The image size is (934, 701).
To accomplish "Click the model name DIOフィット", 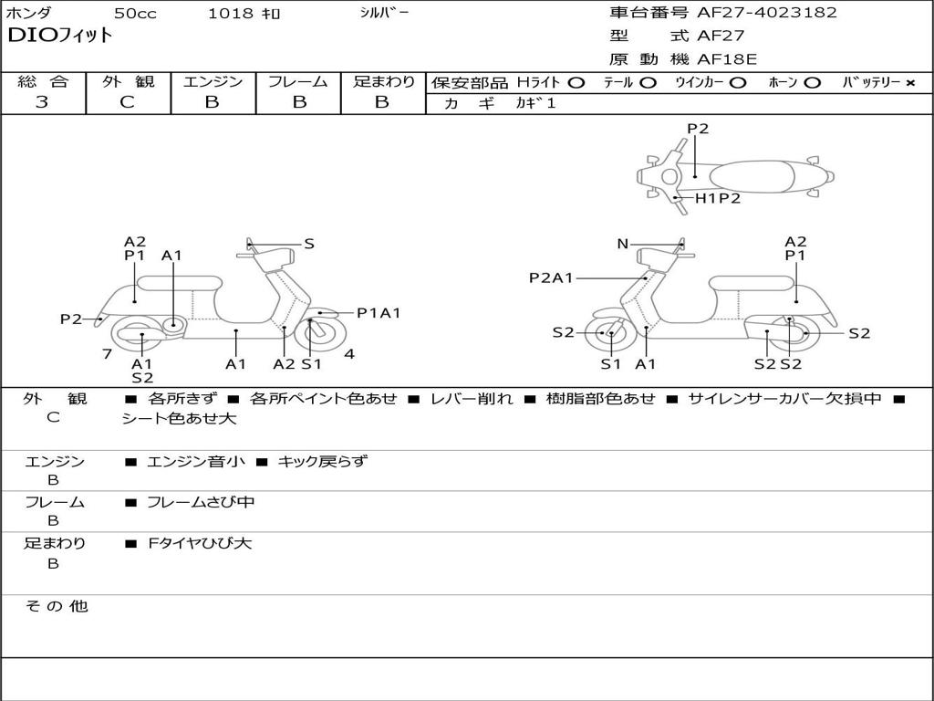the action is tap(60, 36).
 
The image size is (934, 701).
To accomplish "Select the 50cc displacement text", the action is tap(134, 14).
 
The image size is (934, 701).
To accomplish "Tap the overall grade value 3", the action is tap(42, 102).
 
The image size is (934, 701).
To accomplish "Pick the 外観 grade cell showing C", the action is tap(128, 102).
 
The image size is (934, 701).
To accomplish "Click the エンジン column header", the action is tap(213, 82).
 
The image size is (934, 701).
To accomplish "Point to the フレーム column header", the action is tap(298, 82).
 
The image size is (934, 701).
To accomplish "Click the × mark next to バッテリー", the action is tap(910, 83).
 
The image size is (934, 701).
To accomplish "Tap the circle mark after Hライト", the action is tap(576, 83).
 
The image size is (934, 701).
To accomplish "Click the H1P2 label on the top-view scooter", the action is tap(718, 198).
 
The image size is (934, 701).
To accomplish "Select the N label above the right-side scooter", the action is tap(623, 244).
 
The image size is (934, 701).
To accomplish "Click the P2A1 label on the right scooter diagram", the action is tap(551, 277).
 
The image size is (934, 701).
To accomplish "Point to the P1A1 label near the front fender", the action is tap(378, 313).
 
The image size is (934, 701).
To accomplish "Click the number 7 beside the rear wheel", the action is tap(108, 353).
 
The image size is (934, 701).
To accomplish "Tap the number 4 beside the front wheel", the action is tap(349, 354).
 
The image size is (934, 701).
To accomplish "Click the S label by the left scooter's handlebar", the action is tap(309, 244).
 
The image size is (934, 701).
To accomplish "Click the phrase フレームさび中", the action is tap(201, 502).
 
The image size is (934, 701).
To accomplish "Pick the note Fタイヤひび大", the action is tap(200, 543).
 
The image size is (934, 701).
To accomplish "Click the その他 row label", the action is tap(57, 606).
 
